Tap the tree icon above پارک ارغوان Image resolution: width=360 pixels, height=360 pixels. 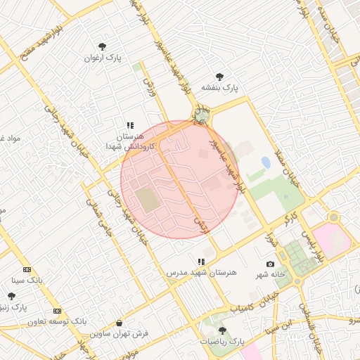pos(103,46)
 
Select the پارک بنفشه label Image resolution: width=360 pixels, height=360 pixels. pos(220,88)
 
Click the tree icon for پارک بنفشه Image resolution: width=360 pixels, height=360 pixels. pos(219,77)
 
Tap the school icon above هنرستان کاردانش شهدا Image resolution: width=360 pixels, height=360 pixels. pos(130,125)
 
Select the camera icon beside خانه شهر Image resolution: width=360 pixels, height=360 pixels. pos(271,264)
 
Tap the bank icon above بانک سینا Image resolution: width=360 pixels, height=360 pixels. pos(27,269)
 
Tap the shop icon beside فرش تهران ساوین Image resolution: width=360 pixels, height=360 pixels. pos(118,324)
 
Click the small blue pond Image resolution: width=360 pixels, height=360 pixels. pos(266,162)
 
